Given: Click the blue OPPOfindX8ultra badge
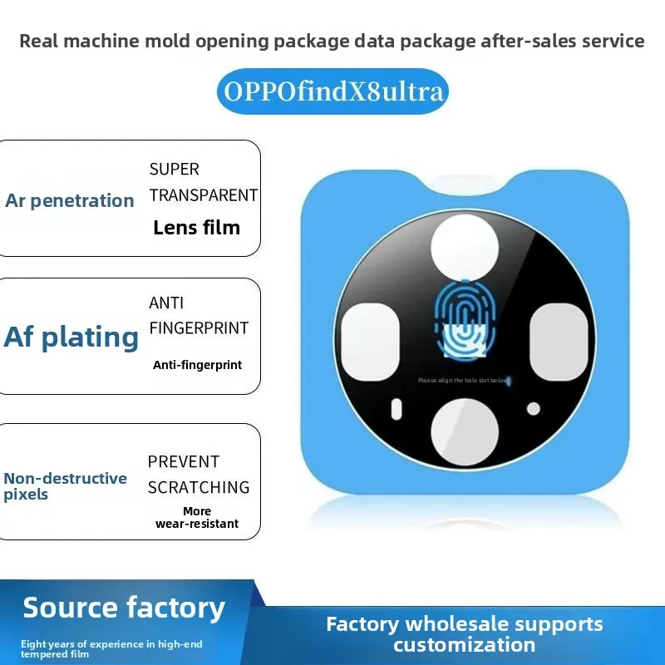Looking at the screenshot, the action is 332,91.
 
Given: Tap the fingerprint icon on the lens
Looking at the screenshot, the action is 465,318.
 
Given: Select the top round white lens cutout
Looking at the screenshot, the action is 465,248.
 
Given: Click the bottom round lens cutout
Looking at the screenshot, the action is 465,431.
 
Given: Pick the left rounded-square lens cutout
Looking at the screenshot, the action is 370,342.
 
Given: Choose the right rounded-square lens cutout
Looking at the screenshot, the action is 559,342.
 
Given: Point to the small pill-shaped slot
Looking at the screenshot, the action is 397,409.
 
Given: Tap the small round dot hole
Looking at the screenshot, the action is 534,409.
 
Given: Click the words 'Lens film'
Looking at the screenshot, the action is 197,228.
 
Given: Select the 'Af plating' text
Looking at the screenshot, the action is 71,337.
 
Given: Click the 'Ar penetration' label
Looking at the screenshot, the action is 70,200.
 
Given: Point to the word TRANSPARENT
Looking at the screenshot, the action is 203,195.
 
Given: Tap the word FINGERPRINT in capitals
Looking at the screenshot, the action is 199,328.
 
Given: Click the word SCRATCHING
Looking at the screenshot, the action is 199,488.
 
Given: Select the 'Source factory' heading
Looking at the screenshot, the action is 124,608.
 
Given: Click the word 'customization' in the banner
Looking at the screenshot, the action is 465,645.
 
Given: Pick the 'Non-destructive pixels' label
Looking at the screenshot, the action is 66,486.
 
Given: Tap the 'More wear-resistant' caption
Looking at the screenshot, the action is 197,517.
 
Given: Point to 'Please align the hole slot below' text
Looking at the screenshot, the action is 463,381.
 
